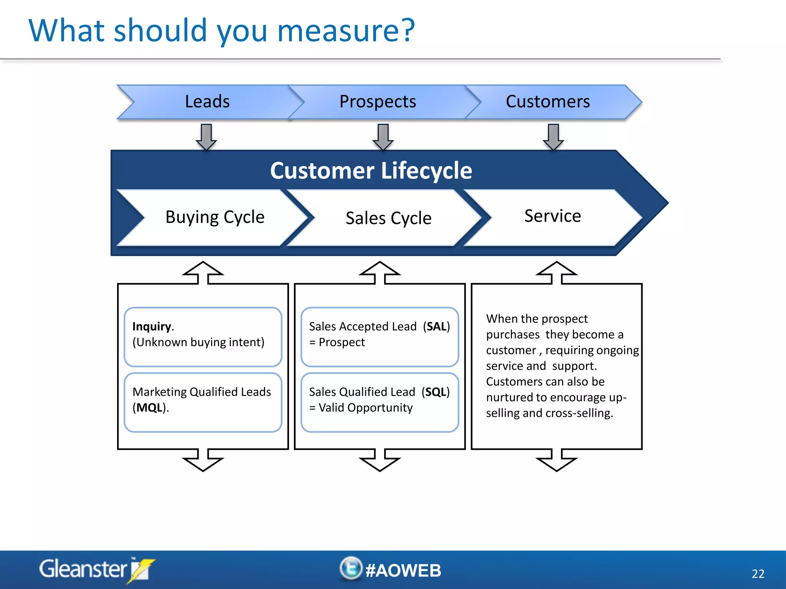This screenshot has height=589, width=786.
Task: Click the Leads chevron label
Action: click(x=207, y=102)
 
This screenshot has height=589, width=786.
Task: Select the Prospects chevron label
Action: click(x=378, y=102)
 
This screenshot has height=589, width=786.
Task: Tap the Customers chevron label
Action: click(x=548, y=102)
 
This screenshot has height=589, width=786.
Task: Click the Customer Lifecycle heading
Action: click(x=371, y=171)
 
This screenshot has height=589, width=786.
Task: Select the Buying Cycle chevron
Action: click(x=215, y=217)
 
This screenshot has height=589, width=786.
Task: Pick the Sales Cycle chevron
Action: click(x=388, y=218)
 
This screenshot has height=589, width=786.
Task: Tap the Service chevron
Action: click(x=552, y=216)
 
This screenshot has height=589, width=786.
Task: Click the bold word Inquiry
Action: click(x=152, y=326)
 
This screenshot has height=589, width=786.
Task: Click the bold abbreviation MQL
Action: click(x=149, y=408)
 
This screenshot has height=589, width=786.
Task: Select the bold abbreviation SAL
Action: click(x=436, y=326)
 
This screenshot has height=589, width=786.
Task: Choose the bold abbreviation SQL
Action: click(x=435, y=392)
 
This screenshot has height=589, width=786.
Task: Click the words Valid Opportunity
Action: click(x=365, y=408)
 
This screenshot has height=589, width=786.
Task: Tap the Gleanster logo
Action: click(x=96, y=569)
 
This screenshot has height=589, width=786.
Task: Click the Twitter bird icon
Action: click(x=351, y=568)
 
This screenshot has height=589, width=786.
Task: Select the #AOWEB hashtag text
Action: click(x=403, y=570)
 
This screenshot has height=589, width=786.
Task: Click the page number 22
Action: click(x=758, y=574)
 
